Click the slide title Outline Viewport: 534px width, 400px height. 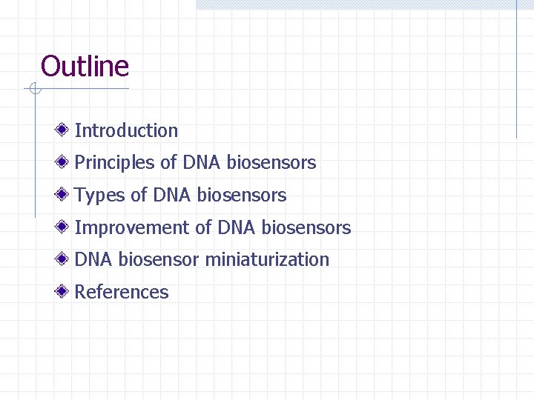[x=85, y=67]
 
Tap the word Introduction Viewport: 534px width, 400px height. [x=126, y=131]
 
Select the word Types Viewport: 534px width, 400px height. [x=100, y=196]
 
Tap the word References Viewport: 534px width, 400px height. [x=122, y=293]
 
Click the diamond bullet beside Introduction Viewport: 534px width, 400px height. [x=65, y=130]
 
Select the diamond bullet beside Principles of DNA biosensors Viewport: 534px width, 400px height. [x=65, y=162]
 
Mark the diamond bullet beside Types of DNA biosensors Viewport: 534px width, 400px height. [x=65, y=195]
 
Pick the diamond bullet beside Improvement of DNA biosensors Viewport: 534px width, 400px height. [x=65, y=227]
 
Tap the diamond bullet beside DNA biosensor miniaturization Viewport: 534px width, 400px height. [x=65, y=259]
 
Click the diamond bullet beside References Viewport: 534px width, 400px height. [x=65, y=292]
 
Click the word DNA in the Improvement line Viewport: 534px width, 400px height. [x=237, y=228]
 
